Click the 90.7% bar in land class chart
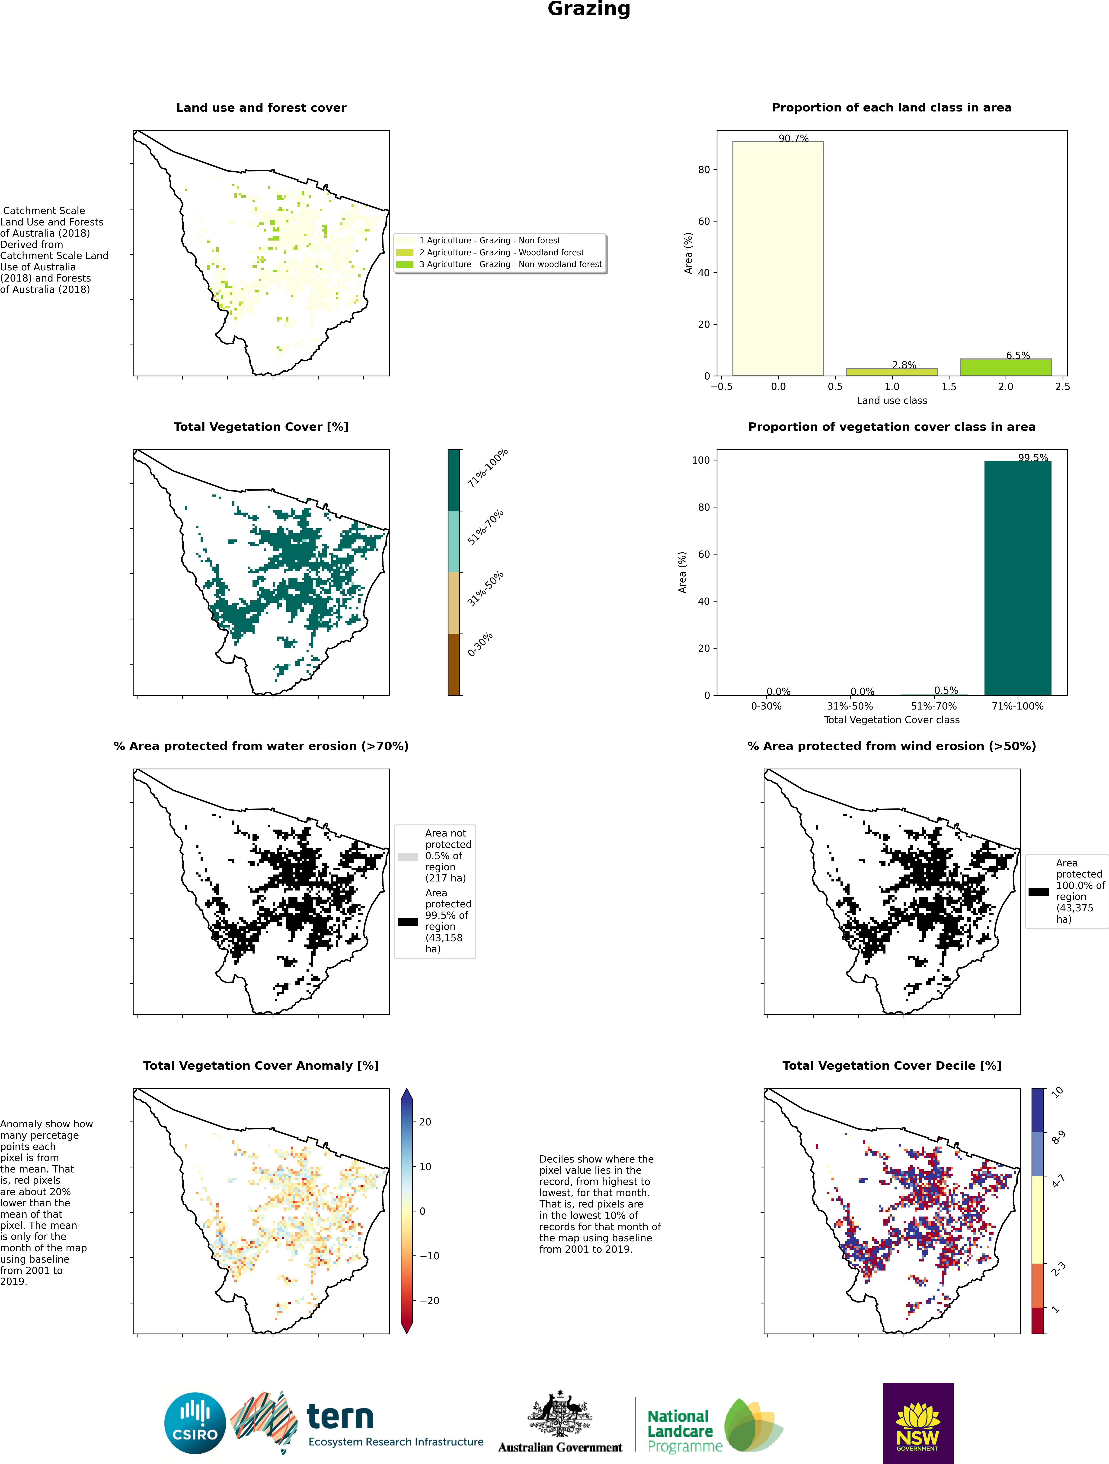click(x=778, y=259)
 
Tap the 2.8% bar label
click(x=904, y=365)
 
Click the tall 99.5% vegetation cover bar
click(x=1018, y=578)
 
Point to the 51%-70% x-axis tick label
click(x=933, y=706)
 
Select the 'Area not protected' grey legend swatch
click(x=408, y=856)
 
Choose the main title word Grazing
click(x=589, y=9)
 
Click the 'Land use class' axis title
click(x=892, y=400)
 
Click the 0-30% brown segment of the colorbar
click(x=454, y=665)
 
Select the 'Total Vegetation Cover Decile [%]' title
click(x=892, y=1066)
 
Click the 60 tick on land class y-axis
click(x=704, y=221)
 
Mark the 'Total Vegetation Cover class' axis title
click(x=892, y=719)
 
